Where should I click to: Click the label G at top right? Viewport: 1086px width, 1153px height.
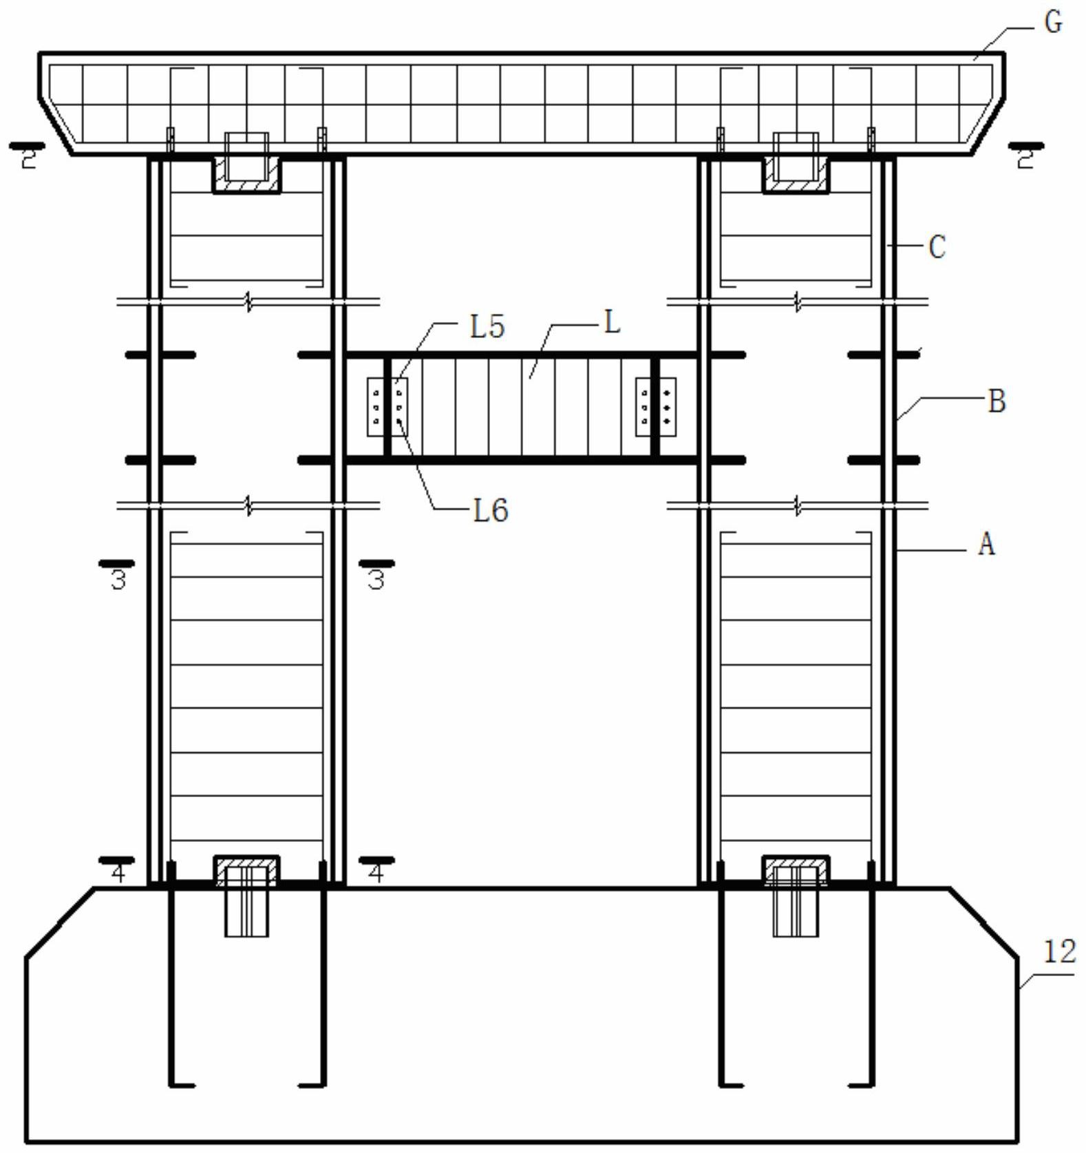point(1053,23)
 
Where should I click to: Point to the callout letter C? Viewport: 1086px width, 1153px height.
point(937,247)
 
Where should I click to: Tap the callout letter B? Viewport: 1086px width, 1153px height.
point(997,401)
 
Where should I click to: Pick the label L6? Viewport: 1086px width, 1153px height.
point(491,511)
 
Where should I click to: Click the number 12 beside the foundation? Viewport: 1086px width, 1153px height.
point(1059,952)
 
